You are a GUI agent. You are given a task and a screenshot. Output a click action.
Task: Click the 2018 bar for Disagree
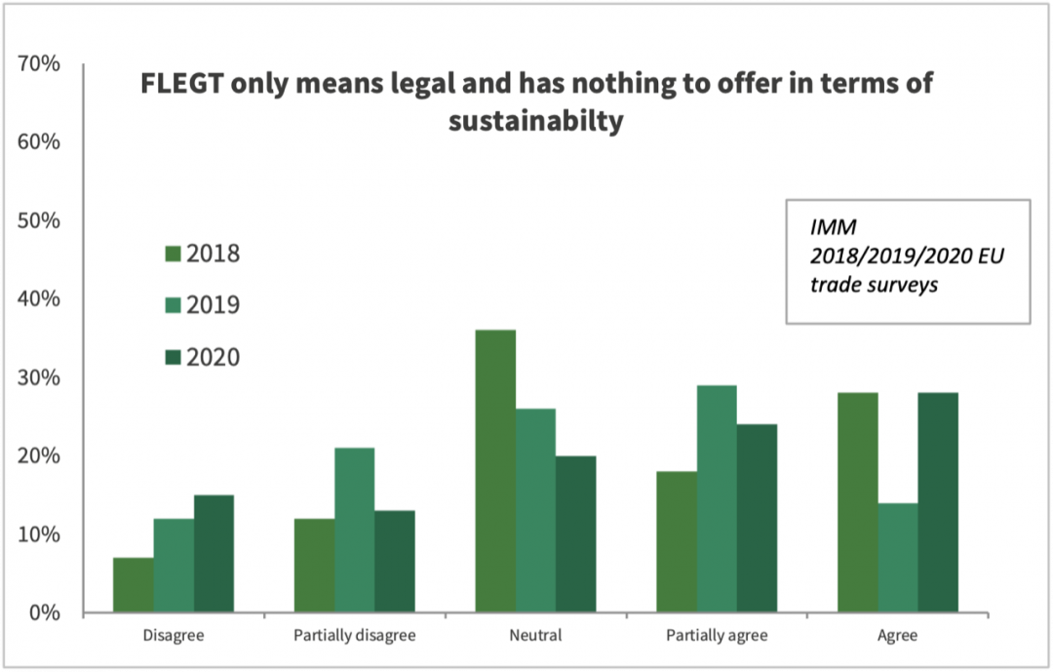click(134, 585)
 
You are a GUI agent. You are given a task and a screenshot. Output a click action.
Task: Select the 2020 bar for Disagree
click(214, 554)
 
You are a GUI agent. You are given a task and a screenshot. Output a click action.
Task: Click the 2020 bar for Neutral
click(575, 534)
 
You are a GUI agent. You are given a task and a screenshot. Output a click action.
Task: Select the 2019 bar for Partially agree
click(717, 498)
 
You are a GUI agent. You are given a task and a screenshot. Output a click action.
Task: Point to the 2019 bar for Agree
click(897, 558)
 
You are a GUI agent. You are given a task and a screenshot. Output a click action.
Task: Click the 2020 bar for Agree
click(937, 502)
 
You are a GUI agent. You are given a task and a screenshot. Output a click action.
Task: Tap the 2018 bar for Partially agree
click(677, 541)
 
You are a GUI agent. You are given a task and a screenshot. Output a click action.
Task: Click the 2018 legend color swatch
click(174, 255)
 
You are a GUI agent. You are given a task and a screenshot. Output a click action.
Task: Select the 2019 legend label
click(213, 305)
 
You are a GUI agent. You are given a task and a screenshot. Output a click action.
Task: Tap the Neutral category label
click(535, 636)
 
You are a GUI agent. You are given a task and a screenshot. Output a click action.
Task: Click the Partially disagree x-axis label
click(354, 636)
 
